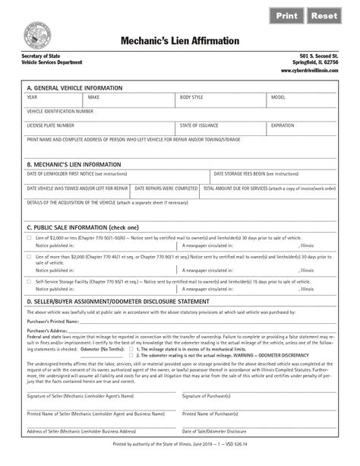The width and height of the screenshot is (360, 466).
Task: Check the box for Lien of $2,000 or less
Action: tap(28, 239)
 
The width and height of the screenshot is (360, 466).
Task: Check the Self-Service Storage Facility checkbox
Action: tap(28, 281)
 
